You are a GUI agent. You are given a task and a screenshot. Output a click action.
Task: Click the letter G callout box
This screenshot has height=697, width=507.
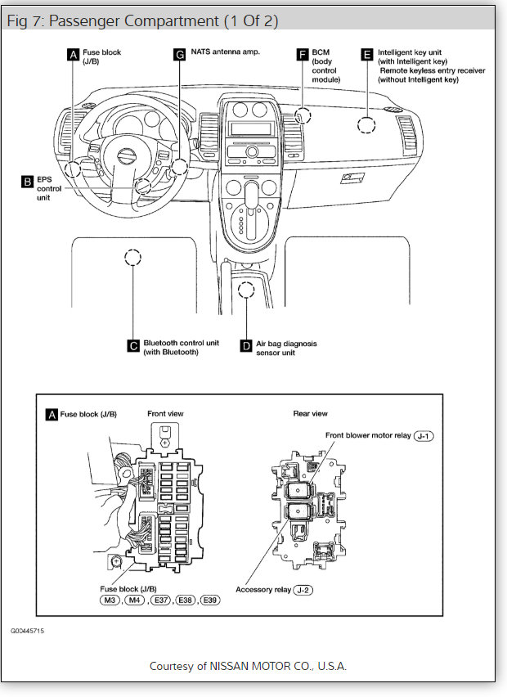(x=180, y=55)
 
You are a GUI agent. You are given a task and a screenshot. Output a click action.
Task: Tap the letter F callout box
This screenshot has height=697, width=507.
(x=303, y=55)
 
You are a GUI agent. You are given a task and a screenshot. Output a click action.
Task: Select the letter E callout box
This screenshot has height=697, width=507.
(x=367, y=55)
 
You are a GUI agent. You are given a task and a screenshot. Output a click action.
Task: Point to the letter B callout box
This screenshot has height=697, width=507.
(x=27, y=181)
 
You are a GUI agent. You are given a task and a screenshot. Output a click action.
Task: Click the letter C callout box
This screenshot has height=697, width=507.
(x=132, y=345)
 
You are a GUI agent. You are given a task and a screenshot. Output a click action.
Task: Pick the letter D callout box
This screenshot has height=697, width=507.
(x=245, y=345)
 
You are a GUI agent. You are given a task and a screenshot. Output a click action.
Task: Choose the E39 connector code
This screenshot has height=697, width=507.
(x=210, y=601)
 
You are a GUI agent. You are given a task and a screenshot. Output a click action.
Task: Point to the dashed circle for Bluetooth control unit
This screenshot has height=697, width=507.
(x=132, y=259)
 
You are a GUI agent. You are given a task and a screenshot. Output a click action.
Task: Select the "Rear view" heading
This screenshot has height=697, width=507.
(x=310, y=414)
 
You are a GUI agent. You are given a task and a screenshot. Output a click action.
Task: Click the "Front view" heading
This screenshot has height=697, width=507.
(x=165, y=414)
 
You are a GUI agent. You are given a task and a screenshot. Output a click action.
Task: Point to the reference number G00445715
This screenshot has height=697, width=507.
(x=28, y=632)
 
